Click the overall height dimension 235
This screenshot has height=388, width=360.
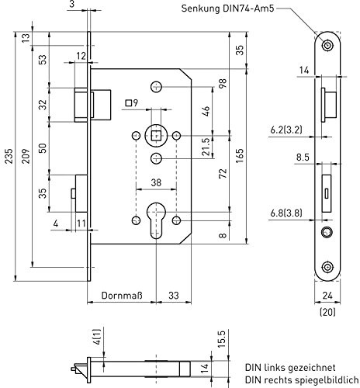click(9, 156)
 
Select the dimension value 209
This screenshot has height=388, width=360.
click(26, 156)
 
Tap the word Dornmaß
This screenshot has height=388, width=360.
click(122, 296)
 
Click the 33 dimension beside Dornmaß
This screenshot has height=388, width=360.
click(174, 296)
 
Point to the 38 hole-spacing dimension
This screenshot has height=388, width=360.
click(156, 182)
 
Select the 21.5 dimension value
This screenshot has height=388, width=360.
click(206, 147)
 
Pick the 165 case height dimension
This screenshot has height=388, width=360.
click(240, 156)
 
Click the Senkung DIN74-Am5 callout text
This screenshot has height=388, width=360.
click(227, 9)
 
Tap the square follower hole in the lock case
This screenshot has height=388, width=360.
click(155, 136)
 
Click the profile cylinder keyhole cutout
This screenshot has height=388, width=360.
click(156, 220)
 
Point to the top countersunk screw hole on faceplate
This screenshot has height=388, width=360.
click(327, 46)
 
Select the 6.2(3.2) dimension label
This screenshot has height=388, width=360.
click(286, 130)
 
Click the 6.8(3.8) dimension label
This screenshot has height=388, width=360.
click(286, 213)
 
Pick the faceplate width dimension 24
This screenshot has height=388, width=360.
click(327, 296)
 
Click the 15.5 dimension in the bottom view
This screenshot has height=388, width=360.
click(222, 338)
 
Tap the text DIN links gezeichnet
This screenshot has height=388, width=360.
click(290, 367)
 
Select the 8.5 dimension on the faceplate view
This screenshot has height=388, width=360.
click(303, 158)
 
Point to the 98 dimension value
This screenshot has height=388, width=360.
click(223, 83)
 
